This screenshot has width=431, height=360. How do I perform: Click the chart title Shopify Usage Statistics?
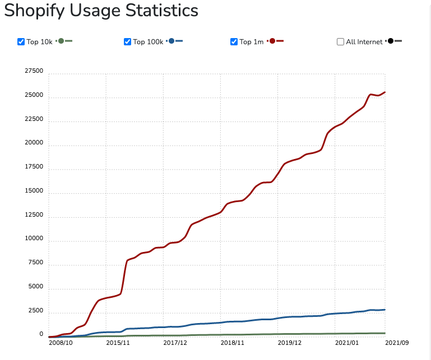[101, 11]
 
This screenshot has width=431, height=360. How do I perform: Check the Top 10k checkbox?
[21, 42]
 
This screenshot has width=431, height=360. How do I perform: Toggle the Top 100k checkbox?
[127, 42]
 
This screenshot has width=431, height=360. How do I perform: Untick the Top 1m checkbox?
[234, 42]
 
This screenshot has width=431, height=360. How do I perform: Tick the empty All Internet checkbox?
[341, 42]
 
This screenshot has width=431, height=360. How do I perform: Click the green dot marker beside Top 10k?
[61, 41]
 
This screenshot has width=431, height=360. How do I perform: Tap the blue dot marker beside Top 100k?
[172, 41]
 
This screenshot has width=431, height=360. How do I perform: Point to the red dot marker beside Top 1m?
[272, 41]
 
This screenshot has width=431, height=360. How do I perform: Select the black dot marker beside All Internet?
[391, 41]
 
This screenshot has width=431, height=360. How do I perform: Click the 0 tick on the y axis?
[41, 334]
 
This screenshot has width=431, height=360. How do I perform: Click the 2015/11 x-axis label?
[118, 343]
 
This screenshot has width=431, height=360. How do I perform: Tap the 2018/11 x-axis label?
[233, 343]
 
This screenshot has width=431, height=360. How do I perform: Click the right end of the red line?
[385, 92]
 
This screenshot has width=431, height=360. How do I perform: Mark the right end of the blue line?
[385, 310]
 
